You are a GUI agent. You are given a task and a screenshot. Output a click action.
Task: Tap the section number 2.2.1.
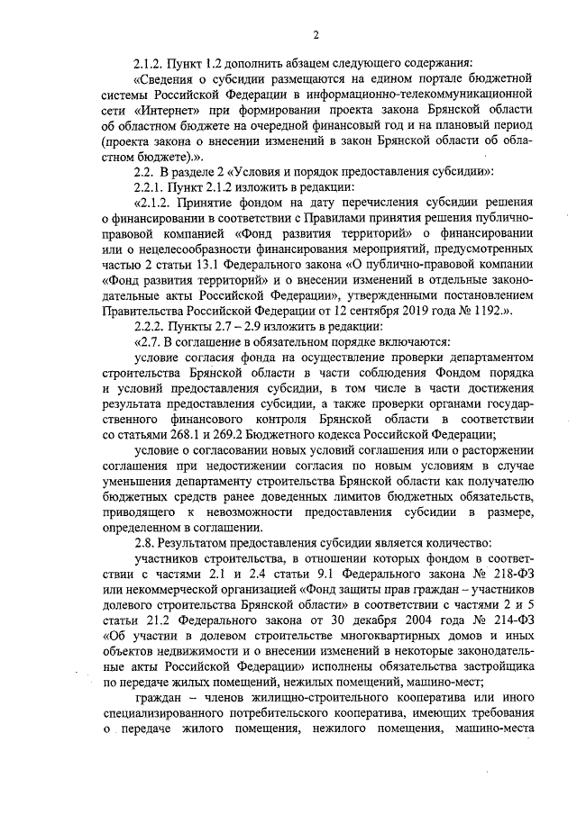coord(151,187)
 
